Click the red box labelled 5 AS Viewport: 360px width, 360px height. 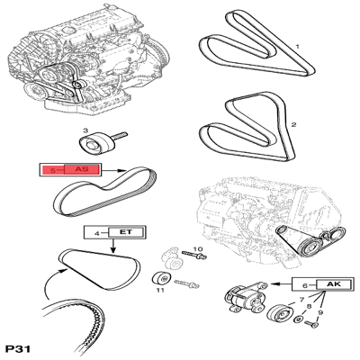pos(67,168)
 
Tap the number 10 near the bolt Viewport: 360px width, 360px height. pos(198,248)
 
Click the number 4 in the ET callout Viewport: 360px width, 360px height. pos(94,232)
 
